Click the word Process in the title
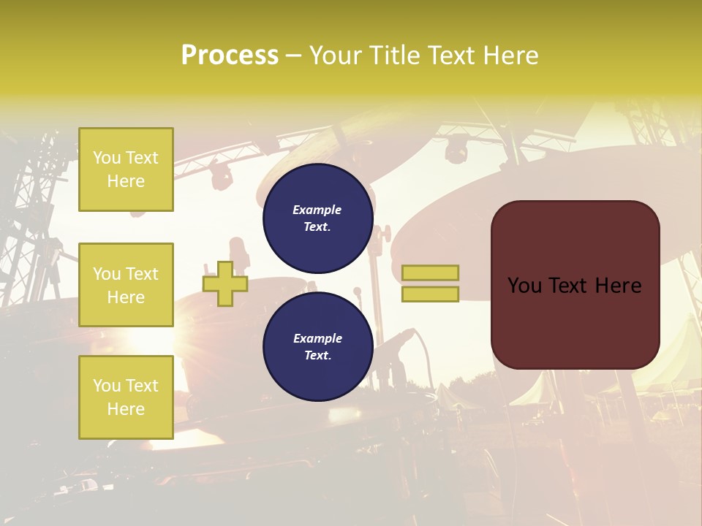click(230, 56)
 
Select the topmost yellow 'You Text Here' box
click(126, 169)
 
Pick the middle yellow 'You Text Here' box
click(126, 285)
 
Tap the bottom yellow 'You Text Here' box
click(126, 397)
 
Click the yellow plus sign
click(224, 283)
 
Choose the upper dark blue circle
click(318, 218)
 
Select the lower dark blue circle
click(318, 347)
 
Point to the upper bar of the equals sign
click(430, 273)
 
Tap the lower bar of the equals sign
click(430, 294)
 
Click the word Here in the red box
click(618, 286)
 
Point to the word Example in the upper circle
click(317, 210)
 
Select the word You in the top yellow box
click(107, 158)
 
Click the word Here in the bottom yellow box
click(126, 409)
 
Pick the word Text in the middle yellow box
click(141, 274)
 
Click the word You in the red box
click(524, 286)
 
